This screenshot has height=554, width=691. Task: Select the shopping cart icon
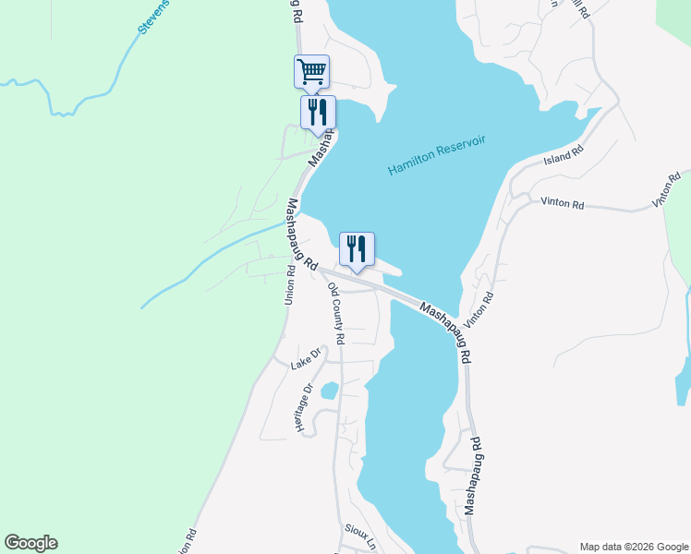[x=312, y=71]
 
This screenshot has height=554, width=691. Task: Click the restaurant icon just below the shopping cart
[x=318, y=113]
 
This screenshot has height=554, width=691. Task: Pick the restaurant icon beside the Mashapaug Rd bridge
[x=357, y=248]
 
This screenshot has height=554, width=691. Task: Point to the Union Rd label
[x=289, y=285]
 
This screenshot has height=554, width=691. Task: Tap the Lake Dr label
[x=305, y=358]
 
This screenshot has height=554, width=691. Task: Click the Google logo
[x=30, y=543]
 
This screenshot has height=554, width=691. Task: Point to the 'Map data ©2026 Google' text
[x=634, y=547]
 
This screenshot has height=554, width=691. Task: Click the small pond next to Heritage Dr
[x=329, y=391]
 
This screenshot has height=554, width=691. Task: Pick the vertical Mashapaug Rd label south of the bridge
[x=473, y=476]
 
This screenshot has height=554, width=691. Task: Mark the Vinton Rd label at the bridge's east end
[x=480, y=310]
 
